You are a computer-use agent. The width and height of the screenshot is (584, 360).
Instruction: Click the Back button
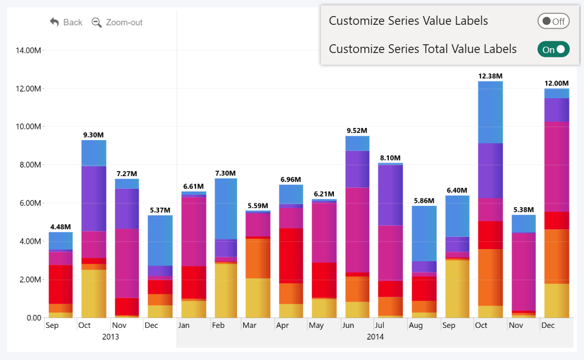(66, 22)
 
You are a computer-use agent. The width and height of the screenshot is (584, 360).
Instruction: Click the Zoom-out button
(117, 22)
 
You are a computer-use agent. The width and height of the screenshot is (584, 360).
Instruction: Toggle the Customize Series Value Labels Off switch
(553, 21)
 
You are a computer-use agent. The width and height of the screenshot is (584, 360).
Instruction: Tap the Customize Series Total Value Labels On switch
(553, 49)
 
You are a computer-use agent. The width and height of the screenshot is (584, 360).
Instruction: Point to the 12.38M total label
(490, 76)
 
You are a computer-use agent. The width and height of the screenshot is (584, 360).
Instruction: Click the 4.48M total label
(60, 227)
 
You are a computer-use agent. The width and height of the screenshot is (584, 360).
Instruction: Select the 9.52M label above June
(357, 130)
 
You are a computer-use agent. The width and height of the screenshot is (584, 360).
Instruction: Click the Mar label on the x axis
(249, 325)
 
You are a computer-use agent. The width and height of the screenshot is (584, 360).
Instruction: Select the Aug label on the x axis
(416, 325)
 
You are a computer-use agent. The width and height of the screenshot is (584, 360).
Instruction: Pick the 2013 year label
(110, 337)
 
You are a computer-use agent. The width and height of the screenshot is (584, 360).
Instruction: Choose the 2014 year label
(375, 337)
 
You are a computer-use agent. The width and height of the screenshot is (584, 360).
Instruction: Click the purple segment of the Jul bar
(390, 195)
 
